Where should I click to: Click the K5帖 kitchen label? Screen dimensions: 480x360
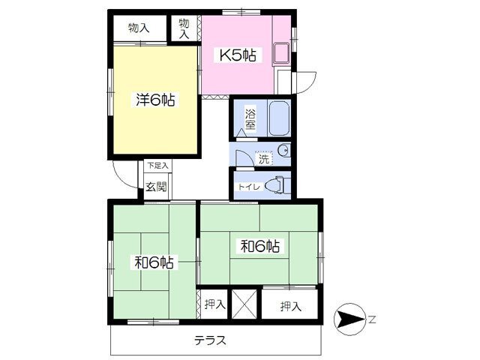(x=238, y=55)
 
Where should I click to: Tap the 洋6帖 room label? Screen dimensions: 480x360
(x=155, y=100)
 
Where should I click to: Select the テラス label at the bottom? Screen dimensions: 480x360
(x=210, y=340)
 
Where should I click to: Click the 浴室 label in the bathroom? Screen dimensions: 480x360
(x=250, y=119)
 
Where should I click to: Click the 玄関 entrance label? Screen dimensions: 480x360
(x=157, y=187)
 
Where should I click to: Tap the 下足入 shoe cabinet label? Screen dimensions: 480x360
(x=158, y=166)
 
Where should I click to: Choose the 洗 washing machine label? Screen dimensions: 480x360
(x=264, y=159)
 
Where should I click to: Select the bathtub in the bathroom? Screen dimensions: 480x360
(x=279, y=118)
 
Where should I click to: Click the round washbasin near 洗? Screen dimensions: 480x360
(x=283, y=150)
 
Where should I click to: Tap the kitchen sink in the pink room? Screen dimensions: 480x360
(x=281, y=54)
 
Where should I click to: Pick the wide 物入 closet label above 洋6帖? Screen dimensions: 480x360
(x=139, y=28)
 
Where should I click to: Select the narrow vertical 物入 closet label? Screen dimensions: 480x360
(x=184, y=28)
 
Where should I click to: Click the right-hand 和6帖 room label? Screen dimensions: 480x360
(x=260, y=246)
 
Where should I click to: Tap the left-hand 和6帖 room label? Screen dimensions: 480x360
(x=154, y=262)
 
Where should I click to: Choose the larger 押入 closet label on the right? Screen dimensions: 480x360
(x=291, y=306)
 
